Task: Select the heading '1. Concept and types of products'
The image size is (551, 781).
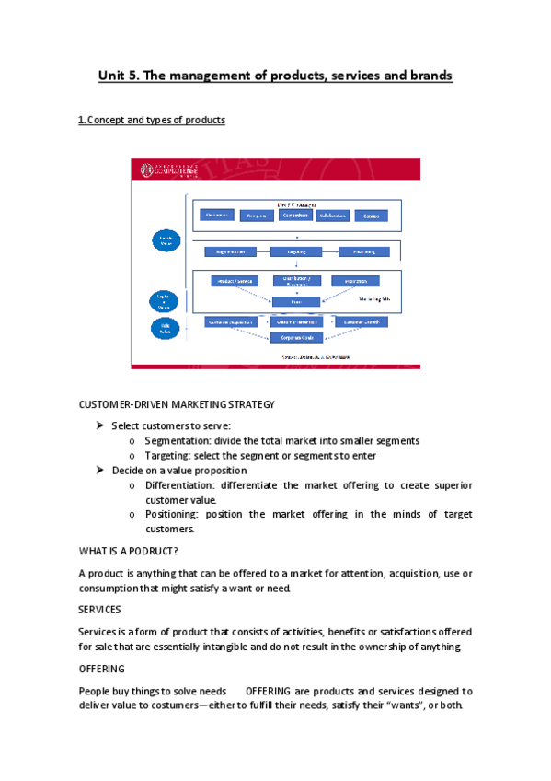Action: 152,121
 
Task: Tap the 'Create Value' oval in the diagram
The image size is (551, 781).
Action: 161,240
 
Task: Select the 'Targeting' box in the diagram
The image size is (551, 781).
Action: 296,251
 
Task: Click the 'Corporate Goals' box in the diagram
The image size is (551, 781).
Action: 295,338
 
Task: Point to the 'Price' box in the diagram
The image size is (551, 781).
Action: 295,301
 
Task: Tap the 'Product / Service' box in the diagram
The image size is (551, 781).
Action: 234,281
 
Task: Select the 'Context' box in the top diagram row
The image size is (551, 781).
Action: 370,216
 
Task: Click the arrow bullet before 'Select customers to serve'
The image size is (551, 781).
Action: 100,425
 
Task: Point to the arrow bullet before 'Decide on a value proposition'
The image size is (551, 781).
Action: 100,470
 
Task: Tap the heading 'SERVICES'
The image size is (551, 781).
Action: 100,610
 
